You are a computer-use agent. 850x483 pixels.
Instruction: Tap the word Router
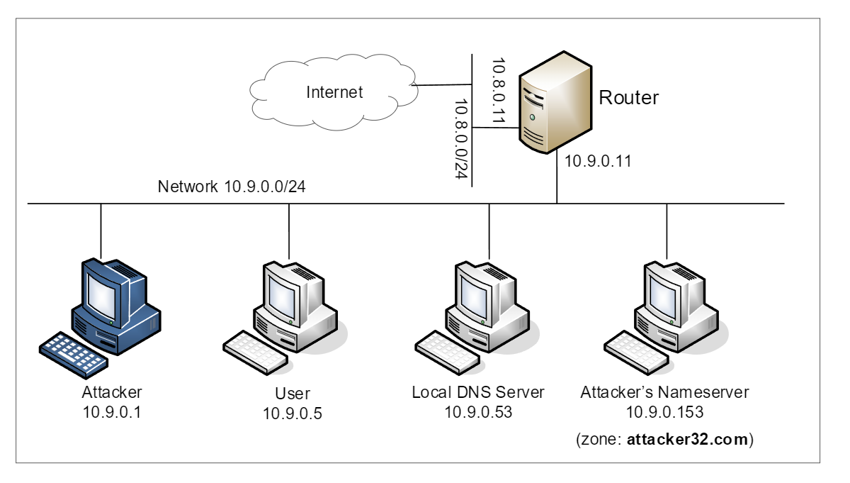click(x=629, y=98)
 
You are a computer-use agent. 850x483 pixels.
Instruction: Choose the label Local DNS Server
click(x=477, y=392)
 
